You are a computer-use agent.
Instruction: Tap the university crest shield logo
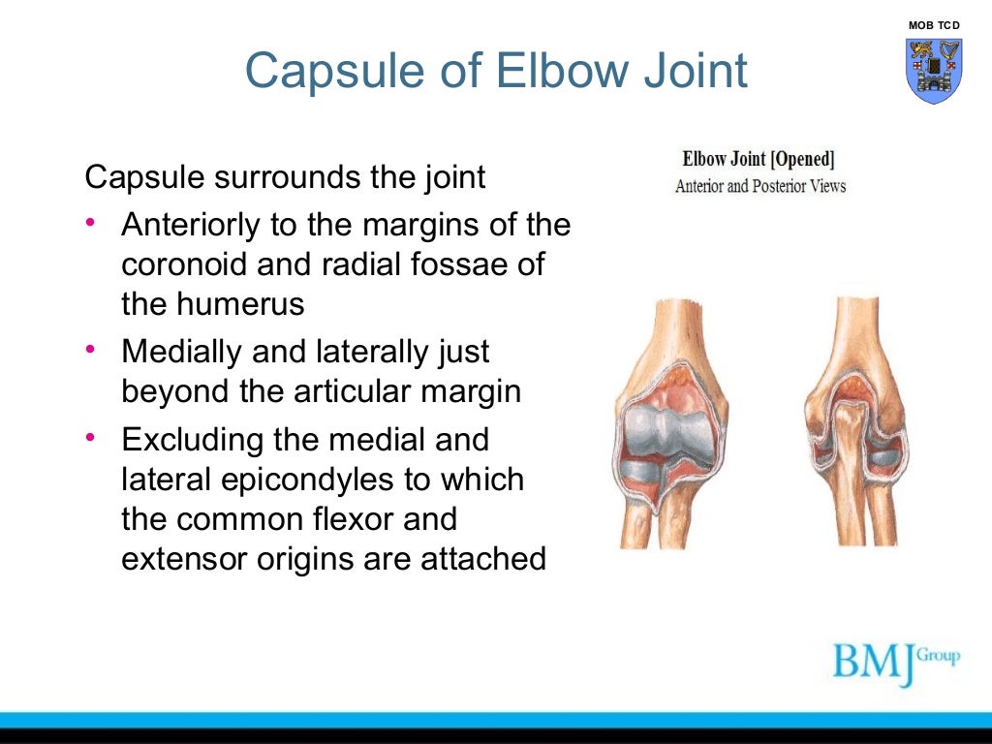pyautogui.click(x=934, y=70)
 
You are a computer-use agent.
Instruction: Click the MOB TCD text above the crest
pyautogui.click(x=934, y=24)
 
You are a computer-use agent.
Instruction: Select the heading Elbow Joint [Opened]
pyautogui.click(x=759, y=159)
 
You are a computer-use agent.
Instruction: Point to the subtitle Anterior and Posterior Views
pyautogui.click(x=759, y=186)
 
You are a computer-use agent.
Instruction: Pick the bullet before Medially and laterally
pyautogui.click(x=90, y=351)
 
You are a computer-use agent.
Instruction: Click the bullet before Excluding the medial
pyautogui.click(x=90, y=439)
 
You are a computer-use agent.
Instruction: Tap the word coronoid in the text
pyautogui.click(x=181, y=264)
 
